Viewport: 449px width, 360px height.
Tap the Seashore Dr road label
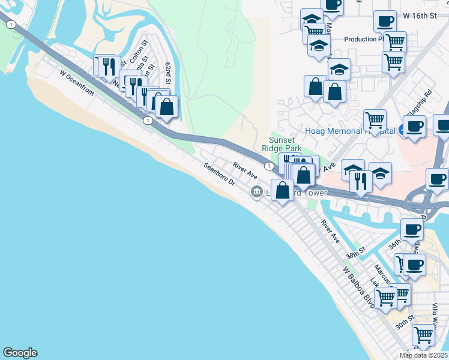pos(218,178)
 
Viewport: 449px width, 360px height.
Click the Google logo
pos(20,353)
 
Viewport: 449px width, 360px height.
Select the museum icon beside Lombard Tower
pos(257,192)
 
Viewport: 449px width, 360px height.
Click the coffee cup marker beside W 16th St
pos(385,21)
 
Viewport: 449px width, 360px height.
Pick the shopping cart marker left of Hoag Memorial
pos(375,119)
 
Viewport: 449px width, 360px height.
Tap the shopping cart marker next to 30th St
pos(424,334)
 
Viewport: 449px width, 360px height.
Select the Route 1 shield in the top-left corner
pos(10,25)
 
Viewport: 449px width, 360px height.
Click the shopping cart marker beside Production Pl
pos(395,41)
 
